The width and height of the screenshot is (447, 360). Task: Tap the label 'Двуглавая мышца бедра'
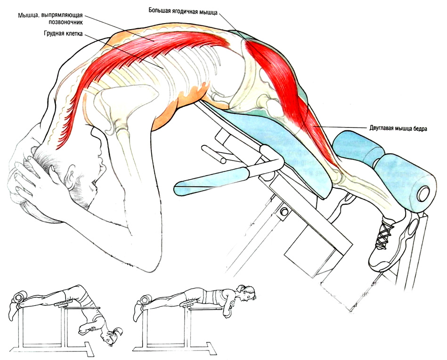coord(396,128)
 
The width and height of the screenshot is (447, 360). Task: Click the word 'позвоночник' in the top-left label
coord(65,22)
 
